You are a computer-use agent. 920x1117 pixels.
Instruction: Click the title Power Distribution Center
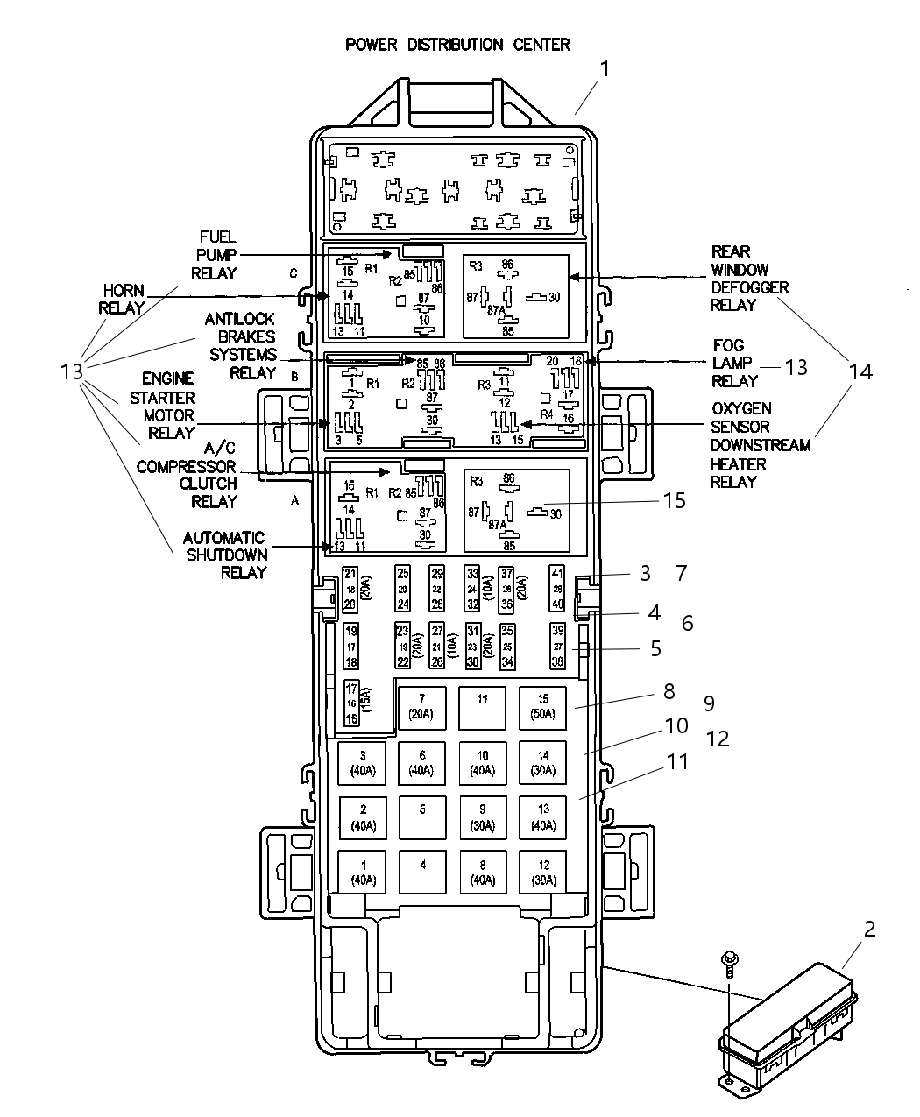(456, 45)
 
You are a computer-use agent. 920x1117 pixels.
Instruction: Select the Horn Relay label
(122, 300)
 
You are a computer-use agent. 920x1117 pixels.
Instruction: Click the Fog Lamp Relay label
(734, 364)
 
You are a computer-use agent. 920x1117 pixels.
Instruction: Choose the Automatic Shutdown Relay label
(224, 555)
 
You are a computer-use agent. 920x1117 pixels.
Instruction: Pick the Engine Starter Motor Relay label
(169, 405)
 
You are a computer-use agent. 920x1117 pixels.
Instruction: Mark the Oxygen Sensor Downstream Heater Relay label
(760, 445)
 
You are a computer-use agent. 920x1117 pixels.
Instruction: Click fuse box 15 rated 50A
(542, 706)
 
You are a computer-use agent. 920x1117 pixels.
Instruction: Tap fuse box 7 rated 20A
(421, 706)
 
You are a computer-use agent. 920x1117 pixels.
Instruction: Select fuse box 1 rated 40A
(363, 872)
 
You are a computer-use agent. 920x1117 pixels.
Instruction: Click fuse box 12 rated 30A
(542, 872)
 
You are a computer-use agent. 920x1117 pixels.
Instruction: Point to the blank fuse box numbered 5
(421, 817)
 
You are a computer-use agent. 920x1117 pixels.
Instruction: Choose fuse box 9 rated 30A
(482, 817)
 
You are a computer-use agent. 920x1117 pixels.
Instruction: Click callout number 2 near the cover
(869, 930)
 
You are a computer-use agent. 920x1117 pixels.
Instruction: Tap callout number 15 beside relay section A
(674, 500)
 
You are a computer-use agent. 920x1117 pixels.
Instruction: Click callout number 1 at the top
(604, 69)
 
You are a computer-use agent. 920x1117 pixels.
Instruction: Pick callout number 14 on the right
(860, 371)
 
